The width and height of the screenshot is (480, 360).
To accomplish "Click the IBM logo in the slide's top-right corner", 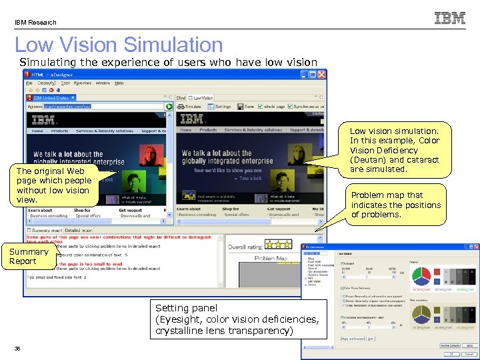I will pos(450,18).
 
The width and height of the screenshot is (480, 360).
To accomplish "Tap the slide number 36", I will pos(18,348).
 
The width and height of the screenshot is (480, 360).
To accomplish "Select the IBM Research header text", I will pos(36,22).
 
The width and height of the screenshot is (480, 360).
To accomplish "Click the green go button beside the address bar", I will pos(169,106).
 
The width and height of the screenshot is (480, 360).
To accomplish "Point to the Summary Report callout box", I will pos(29,256).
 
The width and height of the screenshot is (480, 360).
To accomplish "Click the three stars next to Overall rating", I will pos(277,245).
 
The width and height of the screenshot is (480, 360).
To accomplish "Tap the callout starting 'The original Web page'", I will pos(54,185).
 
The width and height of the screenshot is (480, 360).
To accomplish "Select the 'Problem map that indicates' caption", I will pos(395,205).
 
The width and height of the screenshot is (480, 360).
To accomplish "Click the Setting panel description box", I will pos(237,319).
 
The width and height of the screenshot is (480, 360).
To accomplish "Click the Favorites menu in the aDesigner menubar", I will pos(83,83).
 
